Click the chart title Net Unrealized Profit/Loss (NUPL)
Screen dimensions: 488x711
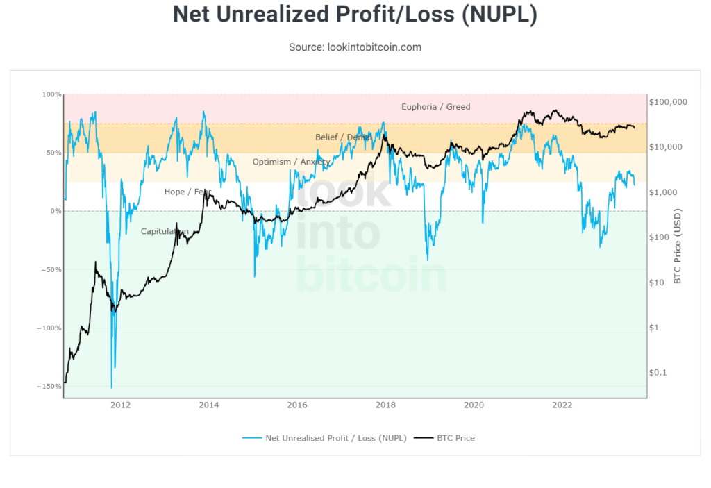tap(355, 15)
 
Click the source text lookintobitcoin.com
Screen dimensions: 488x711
tap(355, 47)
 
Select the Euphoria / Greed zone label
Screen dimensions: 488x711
tap(435, 107)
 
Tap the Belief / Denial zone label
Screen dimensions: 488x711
tap(344, 137)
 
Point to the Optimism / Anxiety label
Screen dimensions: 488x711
tap(291, 162)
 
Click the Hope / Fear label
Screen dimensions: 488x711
tap(187, 192)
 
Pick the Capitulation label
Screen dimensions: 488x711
tap(165, 231)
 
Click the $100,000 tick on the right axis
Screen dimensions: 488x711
tap(667, 102)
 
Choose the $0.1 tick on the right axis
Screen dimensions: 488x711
tap(658, 373)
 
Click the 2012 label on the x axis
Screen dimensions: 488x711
tap(120, 405)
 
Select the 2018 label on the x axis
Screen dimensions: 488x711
tap(385, 405)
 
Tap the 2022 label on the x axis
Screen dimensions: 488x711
tap(562, 405)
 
